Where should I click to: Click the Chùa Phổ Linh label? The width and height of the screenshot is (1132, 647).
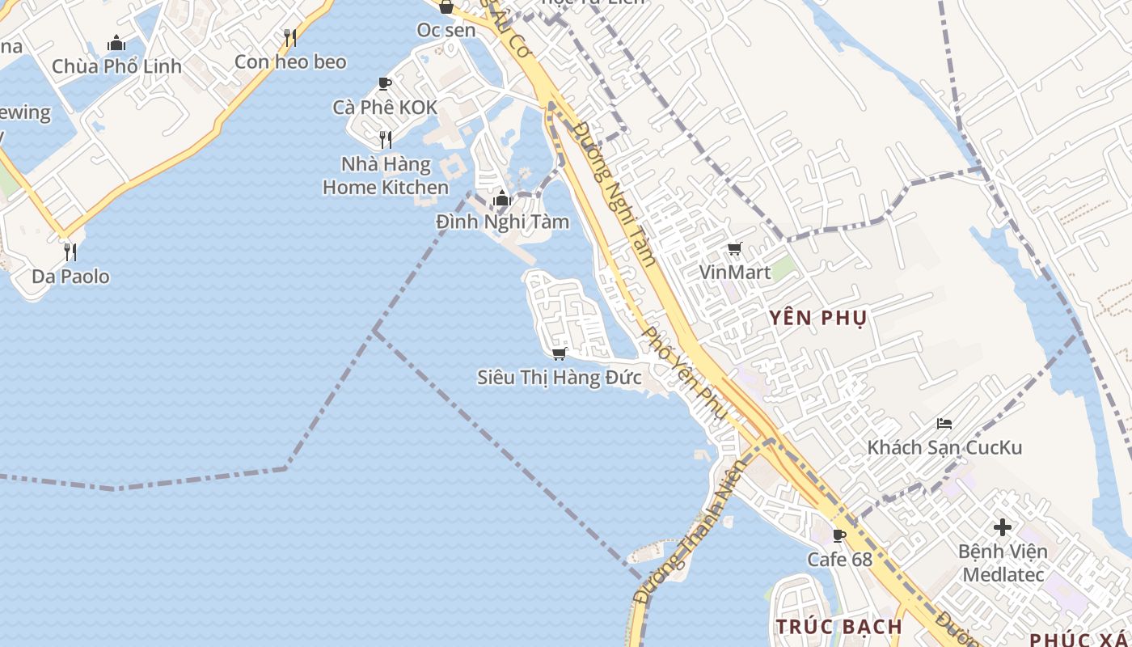tap(116, 66)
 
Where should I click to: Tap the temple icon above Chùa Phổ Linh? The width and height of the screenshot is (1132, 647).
tap(116, 43)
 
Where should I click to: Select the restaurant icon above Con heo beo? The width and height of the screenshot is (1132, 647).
tap(290, 37)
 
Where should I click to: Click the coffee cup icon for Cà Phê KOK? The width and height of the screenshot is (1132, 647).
tap(385, 83)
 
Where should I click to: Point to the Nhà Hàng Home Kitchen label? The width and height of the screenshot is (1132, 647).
tap(386, 175)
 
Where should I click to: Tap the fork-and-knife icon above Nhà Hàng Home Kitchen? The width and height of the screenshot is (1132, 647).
tap(386, 140)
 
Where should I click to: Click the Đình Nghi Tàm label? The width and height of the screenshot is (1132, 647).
tap(502, 222)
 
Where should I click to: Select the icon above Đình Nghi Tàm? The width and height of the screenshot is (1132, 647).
tap(502, 198)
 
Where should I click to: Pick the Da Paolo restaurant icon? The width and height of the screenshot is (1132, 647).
tap(70, 252)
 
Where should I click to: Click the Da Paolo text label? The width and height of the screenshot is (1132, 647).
tap(70, 277)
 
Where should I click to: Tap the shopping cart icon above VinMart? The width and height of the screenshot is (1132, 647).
tap(734, 249)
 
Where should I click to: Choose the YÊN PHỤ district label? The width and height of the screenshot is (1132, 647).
tap(817, 318)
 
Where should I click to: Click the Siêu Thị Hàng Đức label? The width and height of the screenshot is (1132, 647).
tap(560, 377)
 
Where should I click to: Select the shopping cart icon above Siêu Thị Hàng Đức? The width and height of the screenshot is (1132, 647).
tap(559, 353)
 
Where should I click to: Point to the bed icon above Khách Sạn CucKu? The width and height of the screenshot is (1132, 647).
tap(944, 423)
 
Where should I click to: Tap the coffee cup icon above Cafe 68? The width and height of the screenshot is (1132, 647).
tap(839, 535)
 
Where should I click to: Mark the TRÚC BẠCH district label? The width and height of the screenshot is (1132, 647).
tap(839, 627)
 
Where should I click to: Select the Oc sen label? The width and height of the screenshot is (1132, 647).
tap(446, 30)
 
